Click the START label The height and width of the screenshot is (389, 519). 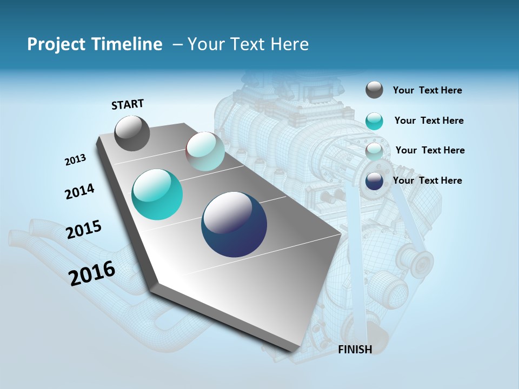click(128, 104)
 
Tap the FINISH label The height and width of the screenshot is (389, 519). click(355, 349)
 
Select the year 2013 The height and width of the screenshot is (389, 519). click(75, 159)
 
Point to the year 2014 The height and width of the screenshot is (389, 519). click(79, 191)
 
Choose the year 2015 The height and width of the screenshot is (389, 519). click(84, 230)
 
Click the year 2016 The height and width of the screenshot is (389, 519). click(92, 273)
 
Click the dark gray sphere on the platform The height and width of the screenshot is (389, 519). click(132, 133)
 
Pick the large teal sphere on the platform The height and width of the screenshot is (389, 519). click(157, 194)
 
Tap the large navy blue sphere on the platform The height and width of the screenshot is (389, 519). click(234, 224)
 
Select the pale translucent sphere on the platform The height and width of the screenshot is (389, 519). click(205, 151)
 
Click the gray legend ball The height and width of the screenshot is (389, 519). click(374, 90)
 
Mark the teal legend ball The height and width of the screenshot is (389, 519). click(374, 121)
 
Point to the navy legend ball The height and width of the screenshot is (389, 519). click(374, 181)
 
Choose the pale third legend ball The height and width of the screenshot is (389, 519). click(374, 151)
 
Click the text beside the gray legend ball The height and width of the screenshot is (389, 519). click(427, 90)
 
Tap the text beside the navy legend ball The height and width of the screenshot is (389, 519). click(427, 180)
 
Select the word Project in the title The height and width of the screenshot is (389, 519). click(56, 44)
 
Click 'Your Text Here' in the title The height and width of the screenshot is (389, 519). click(248, 44)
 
